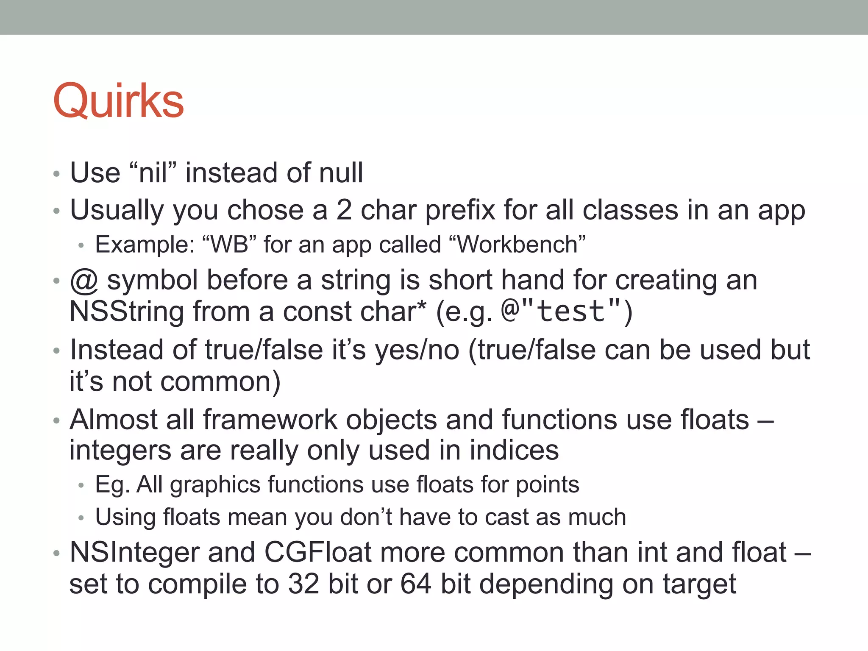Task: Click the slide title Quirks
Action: [x=119, y=102]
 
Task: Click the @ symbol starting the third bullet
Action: [x=84, y=281]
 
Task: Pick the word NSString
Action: [x=127, y=312]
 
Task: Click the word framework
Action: [x=270, y=420]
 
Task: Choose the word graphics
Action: [x=215, y=485]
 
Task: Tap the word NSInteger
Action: [x=134, y=553]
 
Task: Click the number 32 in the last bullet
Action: [x=303, y=584]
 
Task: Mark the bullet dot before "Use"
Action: [x=57, y=174]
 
